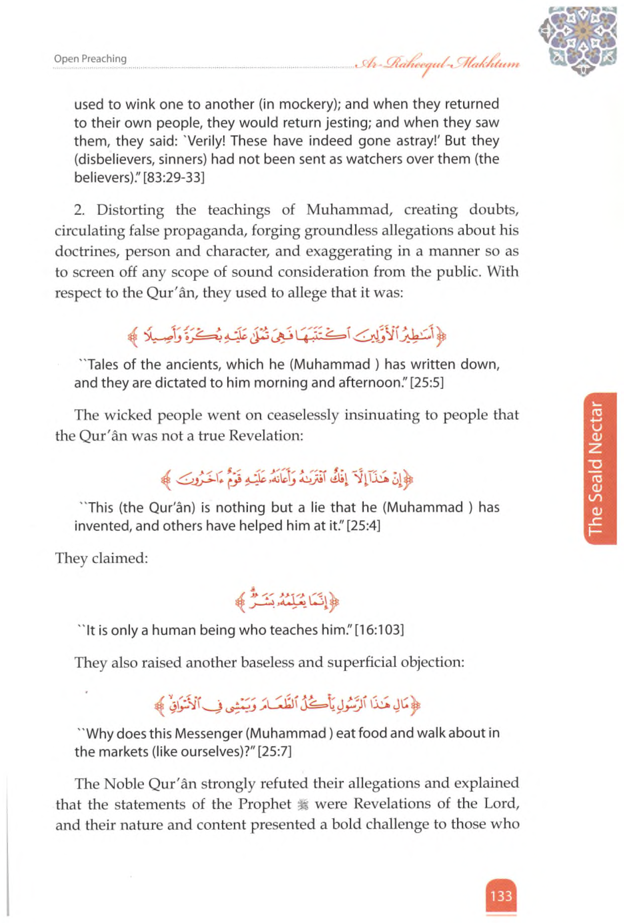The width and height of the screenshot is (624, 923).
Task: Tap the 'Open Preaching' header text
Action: tap(90, 59)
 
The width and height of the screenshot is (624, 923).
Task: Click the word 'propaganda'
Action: tap(202, 231)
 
